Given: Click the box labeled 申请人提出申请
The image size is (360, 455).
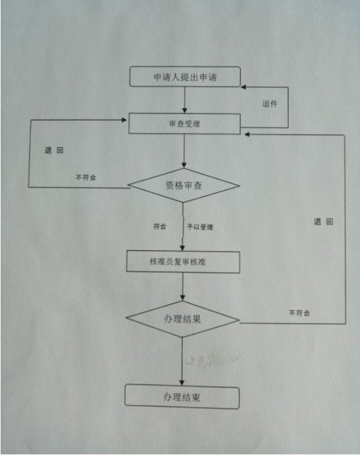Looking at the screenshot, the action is pos(185,76).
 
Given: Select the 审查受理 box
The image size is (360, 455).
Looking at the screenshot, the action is pos(184,124).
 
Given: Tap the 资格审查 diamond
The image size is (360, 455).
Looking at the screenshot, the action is pos(184,185).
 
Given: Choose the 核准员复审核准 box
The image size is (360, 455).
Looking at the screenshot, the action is pos(183,262).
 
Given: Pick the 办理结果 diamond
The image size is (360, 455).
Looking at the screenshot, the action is pos(183,319).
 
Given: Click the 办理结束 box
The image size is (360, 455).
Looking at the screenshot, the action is pos(182,397).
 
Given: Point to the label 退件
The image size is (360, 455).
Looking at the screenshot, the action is pos(270,104).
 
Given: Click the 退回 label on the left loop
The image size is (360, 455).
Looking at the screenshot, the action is pos(54,150).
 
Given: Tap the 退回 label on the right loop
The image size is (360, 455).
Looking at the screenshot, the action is pos(323,222).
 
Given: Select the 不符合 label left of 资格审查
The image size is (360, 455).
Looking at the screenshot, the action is pos(86,178).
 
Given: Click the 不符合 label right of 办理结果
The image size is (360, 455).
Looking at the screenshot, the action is pos(299,313).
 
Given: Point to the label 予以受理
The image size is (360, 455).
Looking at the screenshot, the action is pos(200,227).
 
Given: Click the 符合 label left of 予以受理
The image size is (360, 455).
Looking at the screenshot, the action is pos(160,226).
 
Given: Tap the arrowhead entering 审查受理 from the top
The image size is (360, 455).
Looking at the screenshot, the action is pos(184,110).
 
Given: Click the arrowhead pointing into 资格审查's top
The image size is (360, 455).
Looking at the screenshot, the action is pos(184,165).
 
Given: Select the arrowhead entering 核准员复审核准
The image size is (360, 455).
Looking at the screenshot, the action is pos(182,248).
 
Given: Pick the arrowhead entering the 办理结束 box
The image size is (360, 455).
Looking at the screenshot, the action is pos(182,382).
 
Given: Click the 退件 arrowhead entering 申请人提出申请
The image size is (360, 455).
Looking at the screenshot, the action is pos(244,87).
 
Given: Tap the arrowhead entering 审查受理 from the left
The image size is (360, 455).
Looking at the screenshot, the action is pos(124,120).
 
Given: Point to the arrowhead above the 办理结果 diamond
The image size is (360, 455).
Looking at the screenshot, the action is pos(183,298).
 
